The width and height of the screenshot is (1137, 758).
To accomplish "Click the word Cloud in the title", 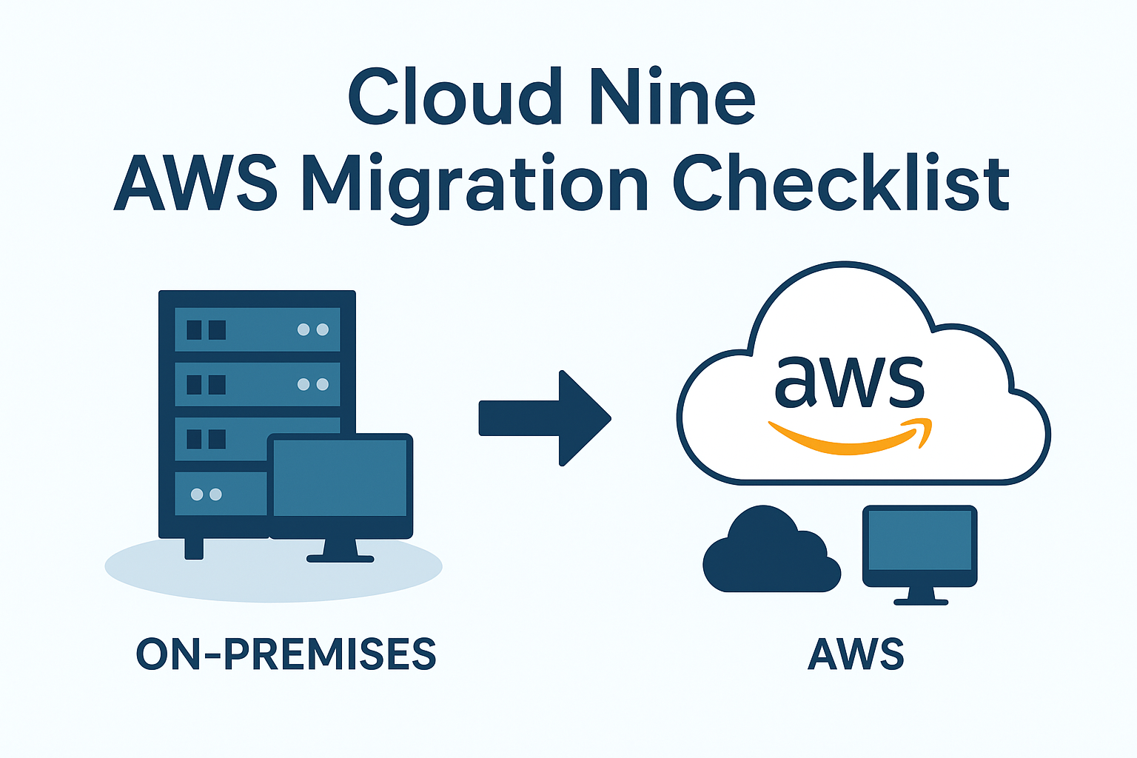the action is [455, 96].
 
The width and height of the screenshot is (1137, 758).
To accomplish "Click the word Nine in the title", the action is [673, 96].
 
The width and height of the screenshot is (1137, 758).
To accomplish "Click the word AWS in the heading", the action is [196, 183].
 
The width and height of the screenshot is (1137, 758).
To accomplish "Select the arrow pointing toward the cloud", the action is [545, 418].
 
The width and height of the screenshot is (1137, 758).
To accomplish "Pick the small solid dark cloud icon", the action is [771, 549].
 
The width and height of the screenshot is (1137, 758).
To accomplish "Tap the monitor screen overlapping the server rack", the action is [340, 477].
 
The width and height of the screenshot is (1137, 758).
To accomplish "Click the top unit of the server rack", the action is [258, 329].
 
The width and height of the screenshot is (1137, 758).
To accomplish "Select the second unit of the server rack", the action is [258, 384].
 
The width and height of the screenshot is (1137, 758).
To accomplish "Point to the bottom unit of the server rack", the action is [221, 494].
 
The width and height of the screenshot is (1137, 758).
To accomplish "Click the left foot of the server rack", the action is [194, 549].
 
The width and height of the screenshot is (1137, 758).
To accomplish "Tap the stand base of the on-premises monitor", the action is [340, 558].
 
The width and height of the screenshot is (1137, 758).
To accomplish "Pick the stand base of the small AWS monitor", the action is [921, 602].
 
